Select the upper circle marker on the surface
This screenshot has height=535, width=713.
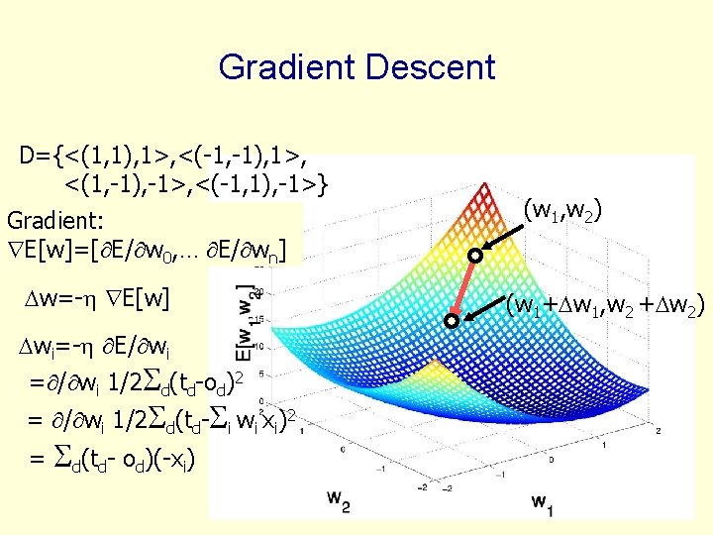(x=475, y=255)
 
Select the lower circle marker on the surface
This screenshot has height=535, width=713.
(x=452, y=321)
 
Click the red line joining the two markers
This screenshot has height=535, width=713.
(x=463, y=287)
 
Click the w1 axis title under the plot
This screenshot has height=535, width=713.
(x=543, y=501)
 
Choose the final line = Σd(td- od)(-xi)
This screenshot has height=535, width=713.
(x=113, y=459)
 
